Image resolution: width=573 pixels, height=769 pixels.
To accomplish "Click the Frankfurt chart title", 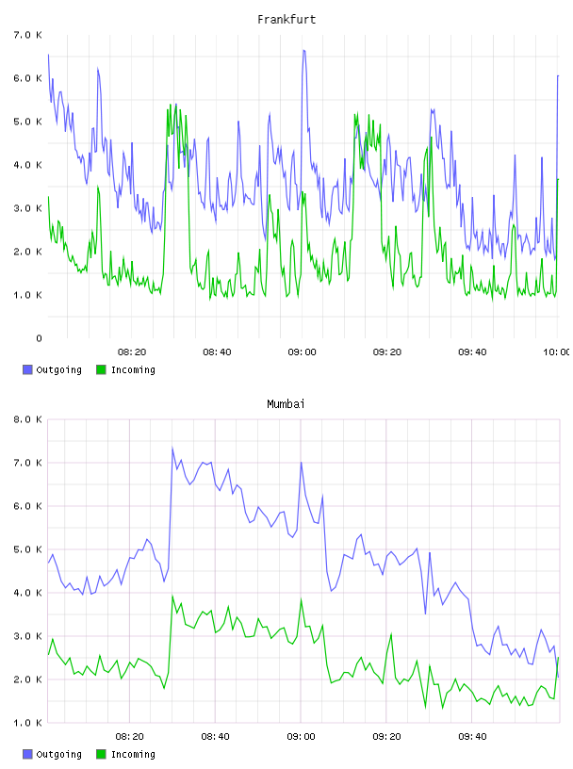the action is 286,20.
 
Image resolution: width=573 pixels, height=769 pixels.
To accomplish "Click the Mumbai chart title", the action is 286,404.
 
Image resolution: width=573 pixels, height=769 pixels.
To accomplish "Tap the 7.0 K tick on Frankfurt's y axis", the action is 27,35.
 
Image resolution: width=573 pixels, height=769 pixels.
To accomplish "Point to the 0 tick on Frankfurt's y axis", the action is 39,338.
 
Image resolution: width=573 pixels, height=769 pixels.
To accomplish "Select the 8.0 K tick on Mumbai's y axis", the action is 27,419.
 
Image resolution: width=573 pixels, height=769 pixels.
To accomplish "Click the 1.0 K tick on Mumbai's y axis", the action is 27,723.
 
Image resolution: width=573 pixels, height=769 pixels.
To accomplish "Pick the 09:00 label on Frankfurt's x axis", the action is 302,352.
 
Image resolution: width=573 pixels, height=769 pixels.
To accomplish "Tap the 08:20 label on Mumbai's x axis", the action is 129,737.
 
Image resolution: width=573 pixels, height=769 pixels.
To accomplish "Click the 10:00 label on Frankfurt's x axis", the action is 557,352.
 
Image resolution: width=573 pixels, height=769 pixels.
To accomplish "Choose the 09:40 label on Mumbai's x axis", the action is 472,737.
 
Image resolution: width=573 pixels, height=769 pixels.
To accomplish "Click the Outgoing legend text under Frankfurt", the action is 58,369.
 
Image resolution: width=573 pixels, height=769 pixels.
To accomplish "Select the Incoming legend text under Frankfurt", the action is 133,369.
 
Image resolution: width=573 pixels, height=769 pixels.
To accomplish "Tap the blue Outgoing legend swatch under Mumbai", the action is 27,754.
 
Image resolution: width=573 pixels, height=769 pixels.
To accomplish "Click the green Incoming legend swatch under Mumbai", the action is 101,754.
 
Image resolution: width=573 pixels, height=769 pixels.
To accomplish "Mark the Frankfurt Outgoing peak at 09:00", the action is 303,50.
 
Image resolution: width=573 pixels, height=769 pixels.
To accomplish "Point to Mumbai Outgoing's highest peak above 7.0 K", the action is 172,448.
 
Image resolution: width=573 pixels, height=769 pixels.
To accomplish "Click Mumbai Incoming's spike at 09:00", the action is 302,599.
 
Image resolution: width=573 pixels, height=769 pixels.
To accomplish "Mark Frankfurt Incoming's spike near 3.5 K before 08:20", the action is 98,187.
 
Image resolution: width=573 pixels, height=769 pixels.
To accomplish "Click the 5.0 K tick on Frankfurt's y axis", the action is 27,122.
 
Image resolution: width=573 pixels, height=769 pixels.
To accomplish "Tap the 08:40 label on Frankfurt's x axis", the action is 217,352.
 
